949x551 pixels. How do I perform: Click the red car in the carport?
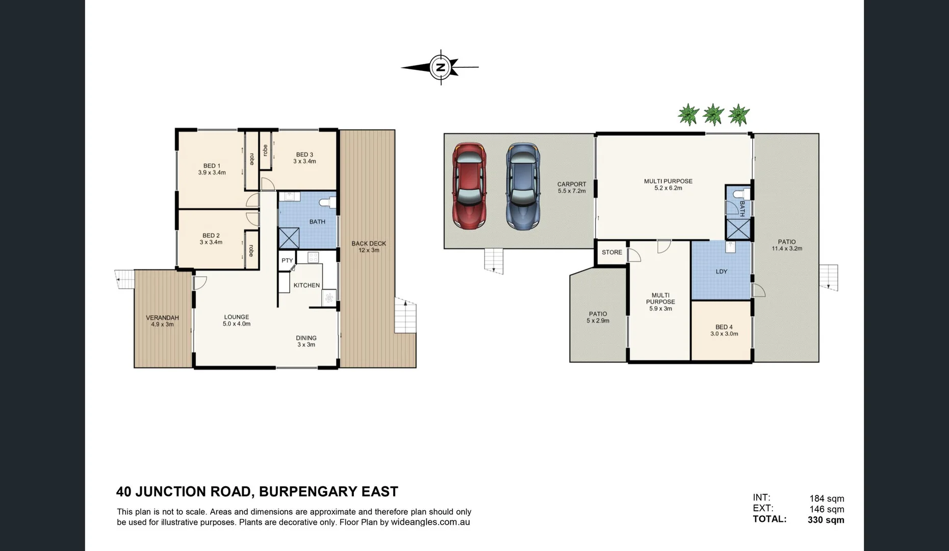click(469, 186)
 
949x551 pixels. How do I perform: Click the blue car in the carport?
click(523, 186)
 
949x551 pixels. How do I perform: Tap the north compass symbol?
click(440, 67)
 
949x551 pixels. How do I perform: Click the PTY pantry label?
click(287, 260)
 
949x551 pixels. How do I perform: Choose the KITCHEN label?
click(307, 285)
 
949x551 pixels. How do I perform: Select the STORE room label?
click(612, 253)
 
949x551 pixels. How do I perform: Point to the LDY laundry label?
click(722, 271)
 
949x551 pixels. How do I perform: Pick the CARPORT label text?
click(572, 184)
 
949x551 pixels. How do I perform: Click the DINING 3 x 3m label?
click(306, 341)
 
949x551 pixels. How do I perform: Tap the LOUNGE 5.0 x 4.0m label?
click(237, 320)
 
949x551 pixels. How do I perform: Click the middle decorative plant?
click(713, 114)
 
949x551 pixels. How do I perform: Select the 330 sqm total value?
click(826, 520)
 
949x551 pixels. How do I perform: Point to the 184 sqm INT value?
click(827, 498)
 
